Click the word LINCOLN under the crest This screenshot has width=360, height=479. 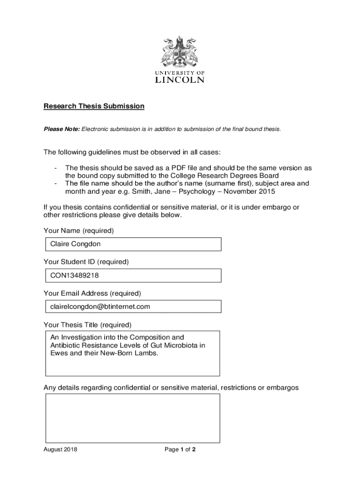pyautogui.click(x=180, y=80)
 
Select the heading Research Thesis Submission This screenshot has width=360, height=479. pyautogui.click(x=94, y=106)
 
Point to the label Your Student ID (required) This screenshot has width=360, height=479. pyautogui.click(x=86, y=262)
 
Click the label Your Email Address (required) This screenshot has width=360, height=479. pyautogui.click(x=92, y=293)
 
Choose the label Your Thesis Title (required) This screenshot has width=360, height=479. pyautogui.click(x=87, y=325)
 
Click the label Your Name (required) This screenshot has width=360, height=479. pyautogui.click(x=79, y=231)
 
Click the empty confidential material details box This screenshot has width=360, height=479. pyautogui.click(x=132, y=418)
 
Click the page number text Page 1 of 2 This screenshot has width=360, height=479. pyautogui.click(x=180, y=450)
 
